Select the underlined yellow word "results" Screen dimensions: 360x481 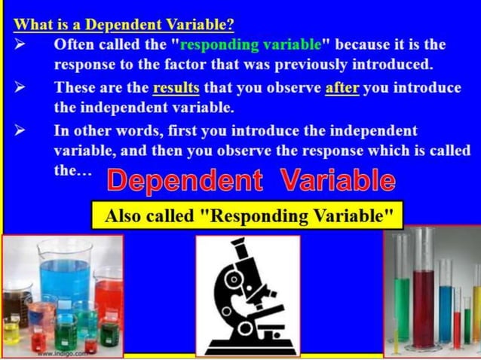coord(176,88)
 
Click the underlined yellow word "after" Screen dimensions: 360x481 coord(342,88)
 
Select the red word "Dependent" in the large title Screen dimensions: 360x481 coord(185,181)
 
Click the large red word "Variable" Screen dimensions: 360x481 coord(337,181)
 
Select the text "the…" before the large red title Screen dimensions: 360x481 coord(73,170)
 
